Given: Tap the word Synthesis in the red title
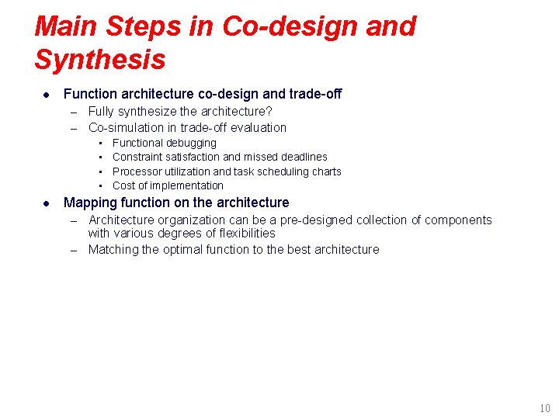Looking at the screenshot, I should pyautogui.click(x=100, y=60).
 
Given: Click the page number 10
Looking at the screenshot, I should pyautogui.click(x=544, y=409).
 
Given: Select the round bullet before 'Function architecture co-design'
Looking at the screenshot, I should pyautogui.click(x=46, y=95).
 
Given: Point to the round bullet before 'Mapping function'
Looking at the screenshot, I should pyautogui.click(x=46, y=203).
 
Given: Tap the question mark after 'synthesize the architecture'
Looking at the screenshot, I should pyautogui.click(x=269, y=112).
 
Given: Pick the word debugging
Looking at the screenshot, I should pyautogui.click(x=191, y=144).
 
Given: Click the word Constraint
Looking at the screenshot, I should pyautogui.click(x=138, y=158).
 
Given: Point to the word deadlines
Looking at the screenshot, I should pyautogui.click(x=304, y=158).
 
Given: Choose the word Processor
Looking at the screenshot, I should pyautogui.click(x=137, y=171).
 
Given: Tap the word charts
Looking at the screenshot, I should pyautogui.click(x=326, y=171).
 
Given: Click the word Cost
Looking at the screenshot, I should pyautogui.click(x=124, y=185).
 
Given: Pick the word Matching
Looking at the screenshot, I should pyautogui.click(x=113, y=250).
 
